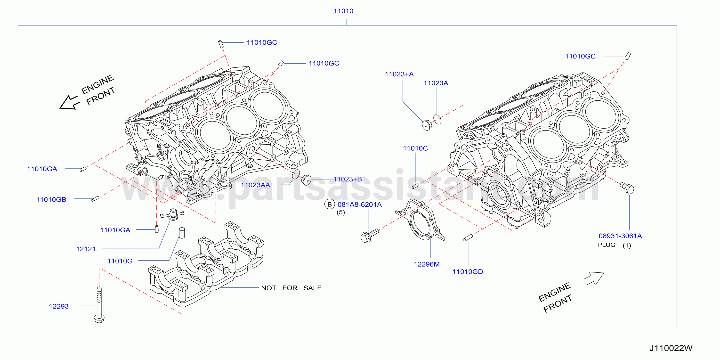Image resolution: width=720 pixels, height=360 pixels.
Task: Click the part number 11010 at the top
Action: (x=343, y=11)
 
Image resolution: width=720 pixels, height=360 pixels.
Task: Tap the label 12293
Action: (x=59, y=306)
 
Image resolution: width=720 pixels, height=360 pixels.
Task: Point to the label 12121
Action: (x=86, y=249)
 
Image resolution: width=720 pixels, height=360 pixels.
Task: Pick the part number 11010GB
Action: (x=51, y=200)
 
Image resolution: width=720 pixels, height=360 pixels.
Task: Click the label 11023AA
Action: (x=255, y=185)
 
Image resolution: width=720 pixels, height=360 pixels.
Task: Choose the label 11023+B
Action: (x=348, y=179)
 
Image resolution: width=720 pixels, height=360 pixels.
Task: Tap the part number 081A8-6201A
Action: (x=359, y=205)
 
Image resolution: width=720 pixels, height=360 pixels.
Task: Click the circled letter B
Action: (x=330, y=204)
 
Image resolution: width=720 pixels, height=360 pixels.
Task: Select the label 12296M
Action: (x=427, y=264)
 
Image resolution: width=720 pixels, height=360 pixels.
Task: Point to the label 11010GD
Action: (x=468, y=272)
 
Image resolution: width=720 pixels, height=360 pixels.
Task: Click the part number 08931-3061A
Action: (x=620, y=236)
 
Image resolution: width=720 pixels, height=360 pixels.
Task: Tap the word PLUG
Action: (x=607, y=245)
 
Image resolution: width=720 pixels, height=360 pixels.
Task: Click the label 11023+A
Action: (x=399, y=74)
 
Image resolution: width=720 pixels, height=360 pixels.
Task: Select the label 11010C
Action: (x=415, y=148)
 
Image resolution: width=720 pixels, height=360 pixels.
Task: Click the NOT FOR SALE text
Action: (x=291, y=288)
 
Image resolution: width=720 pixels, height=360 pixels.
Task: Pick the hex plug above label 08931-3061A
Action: (x=627, y=188)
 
